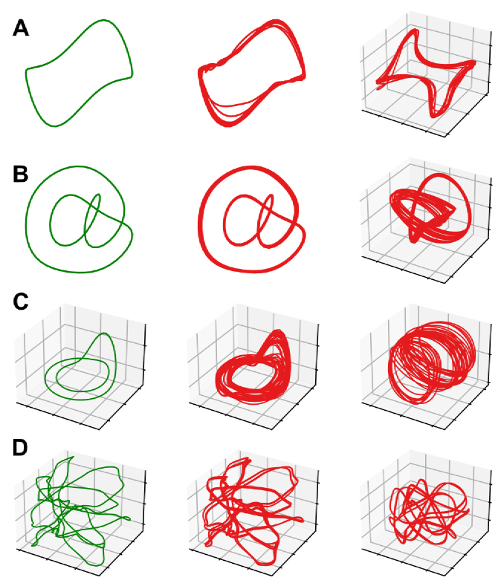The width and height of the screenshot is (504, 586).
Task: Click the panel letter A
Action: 21,28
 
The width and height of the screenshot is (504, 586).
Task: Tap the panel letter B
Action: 21,174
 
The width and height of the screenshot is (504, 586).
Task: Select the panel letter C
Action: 21,302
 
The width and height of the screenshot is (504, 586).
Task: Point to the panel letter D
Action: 20,447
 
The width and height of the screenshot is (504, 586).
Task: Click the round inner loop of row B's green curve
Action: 51,221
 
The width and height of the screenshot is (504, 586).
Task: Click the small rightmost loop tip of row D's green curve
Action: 129,518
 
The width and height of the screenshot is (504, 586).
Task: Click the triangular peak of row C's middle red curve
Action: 277,332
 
